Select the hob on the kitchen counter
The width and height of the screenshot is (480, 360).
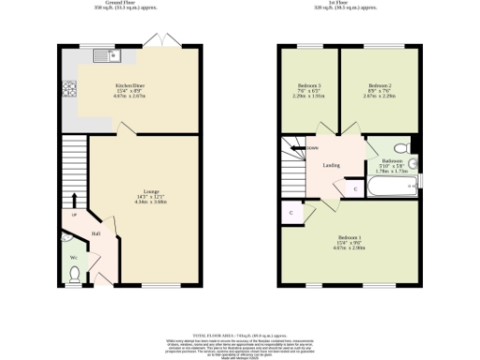click(68, 91)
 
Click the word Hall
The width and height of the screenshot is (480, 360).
click(96, 233)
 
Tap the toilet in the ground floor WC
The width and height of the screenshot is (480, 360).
click(75, 274)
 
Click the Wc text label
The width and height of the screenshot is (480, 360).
click(72, 256)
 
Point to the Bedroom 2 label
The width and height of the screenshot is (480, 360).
click(379, 85)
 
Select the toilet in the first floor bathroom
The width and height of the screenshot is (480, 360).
click(400, 148)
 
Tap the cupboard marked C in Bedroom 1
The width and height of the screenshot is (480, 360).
click(291, 214)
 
